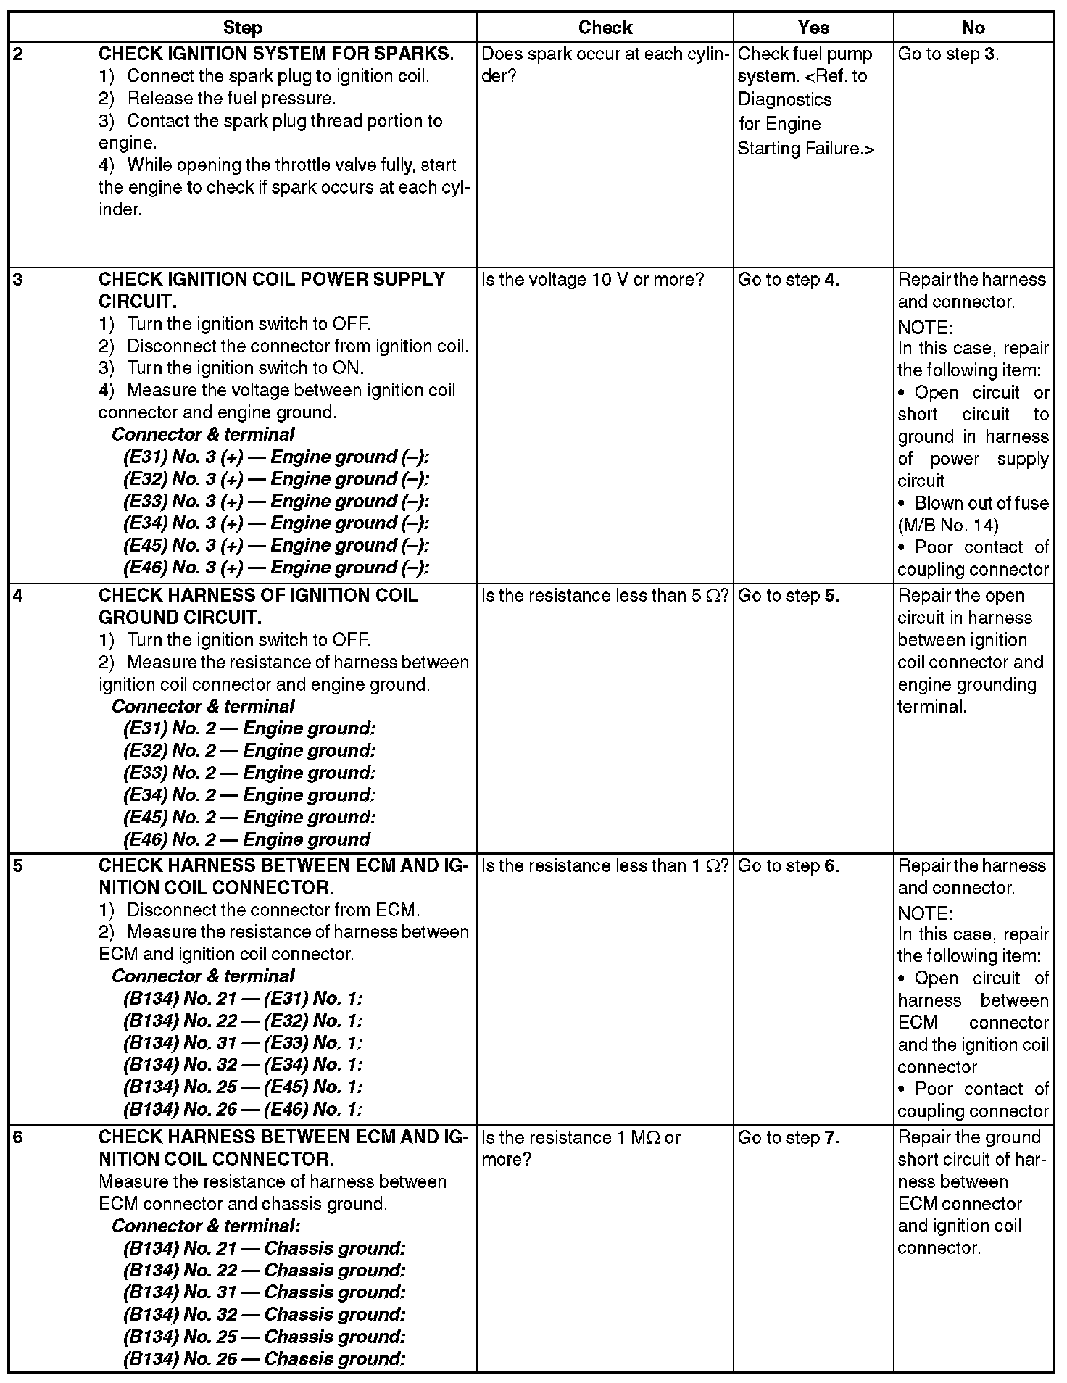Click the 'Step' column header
tap(242, 28)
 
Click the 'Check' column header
tap(605, 28)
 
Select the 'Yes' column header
tap(813, 28)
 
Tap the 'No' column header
tap(973, 28)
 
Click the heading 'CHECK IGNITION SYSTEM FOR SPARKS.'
tap(276, 54)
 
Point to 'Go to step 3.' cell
tap(948, 54)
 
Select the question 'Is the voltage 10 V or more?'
tap(592, 280)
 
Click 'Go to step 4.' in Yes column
tap(789, 280)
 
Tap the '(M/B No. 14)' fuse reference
tap(947, 525)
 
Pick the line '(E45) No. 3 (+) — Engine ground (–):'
tap(276, 546)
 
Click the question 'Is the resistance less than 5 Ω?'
tap(605, 596)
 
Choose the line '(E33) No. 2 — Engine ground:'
tap(249, 773)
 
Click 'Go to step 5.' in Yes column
tap(789, 596)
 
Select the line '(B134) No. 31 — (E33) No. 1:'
tap(243, 1043)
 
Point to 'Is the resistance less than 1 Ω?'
tap(605, 866)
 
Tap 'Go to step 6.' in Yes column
tap(789, 866)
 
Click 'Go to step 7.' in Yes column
tap(789, 1138)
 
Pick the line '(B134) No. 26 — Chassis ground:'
tap(264, 1359)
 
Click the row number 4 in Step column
tap(18, 596)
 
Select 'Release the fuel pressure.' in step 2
tap(231, 99)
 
